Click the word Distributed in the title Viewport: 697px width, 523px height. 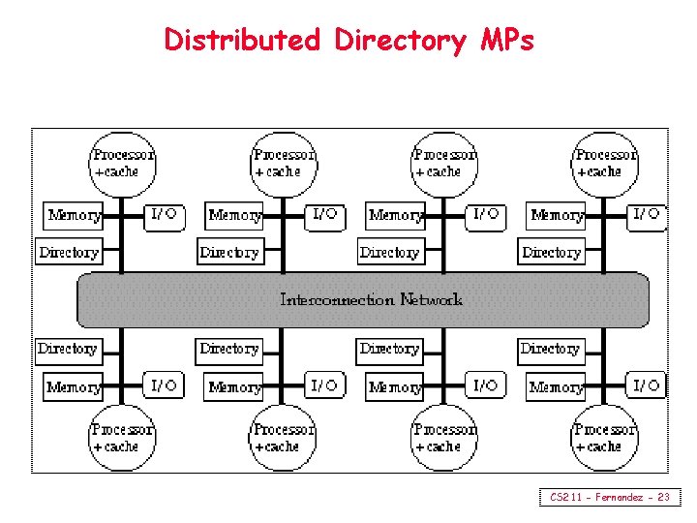click(x=242, y=40)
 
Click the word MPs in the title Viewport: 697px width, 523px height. click(x=506, y=40)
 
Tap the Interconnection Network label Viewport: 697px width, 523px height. click(x=371, y=300)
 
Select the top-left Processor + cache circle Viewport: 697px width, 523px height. click(x=122, y=163)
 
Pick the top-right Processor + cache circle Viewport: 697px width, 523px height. click(x=605, y=163)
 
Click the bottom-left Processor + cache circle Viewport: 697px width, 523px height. click(x=122, y=437)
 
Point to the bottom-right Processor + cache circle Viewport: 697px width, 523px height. click(x=605, y=437)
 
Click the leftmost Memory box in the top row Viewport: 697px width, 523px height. click(x=75, y=215)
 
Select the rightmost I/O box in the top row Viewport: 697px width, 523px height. click(x=647, y=214)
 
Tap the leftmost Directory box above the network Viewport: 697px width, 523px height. click(x=69, y=253)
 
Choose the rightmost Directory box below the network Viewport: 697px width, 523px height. click(x=550, y=349)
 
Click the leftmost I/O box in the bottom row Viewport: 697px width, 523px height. click(x=164, y=385)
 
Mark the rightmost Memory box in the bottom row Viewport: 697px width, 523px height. click(x=557, y=387)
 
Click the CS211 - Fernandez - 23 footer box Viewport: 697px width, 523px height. click(x=609, y=497)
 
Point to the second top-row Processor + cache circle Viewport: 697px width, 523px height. click(x=283, y=163)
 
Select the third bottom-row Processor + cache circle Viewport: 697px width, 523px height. click(x=444, y=437)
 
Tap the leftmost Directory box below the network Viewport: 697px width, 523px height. click(x=68, y=349)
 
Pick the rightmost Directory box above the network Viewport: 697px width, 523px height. click(x=551, y=253)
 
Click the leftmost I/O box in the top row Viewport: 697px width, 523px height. click(x=164, y=214)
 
